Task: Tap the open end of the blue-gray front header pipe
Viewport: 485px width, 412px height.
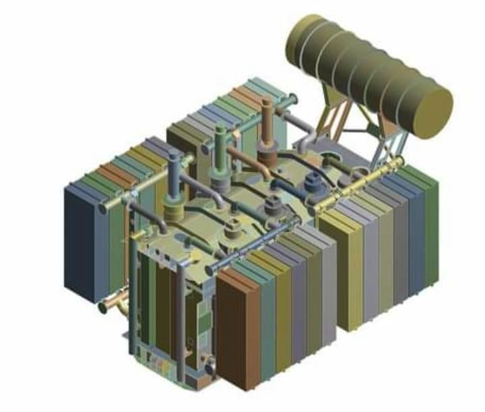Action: click(x=211, y=270)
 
